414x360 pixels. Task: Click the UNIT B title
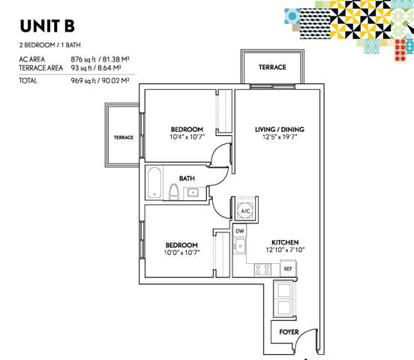click(47, 26)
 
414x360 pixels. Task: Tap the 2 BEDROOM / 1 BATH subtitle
click(50, 45)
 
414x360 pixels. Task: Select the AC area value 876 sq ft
click(83, 59)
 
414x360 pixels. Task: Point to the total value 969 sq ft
click(83, 80)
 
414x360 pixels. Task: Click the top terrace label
click(272, 67)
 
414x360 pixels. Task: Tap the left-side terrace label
click(124, 137)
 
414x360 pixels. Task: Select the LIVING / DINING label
click(280, 130)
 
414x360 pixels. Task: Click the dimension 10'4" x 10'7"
click(187, 136)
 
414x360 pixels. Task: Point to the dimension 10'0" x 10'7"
click(181, 253)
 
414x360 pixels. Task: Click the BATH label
click(187, 178)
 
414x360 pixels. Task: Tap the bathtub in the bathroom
click(154, 182)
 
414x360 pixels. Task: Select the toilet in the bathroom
click(174, 191)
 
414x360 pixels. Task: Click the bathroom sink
click(193, 193)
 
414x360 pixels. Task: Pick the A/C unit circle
click(245, 211)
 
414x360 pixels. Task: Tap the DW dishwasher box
click(240, 231)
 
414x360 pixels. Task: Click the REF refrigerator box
click(288, 268)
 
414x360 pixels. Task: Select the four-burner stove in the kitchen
click(262, 270)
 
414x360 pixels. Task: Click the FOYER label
click(289, 332)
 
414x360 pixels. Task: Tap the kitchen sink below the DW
click(240, 246)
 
